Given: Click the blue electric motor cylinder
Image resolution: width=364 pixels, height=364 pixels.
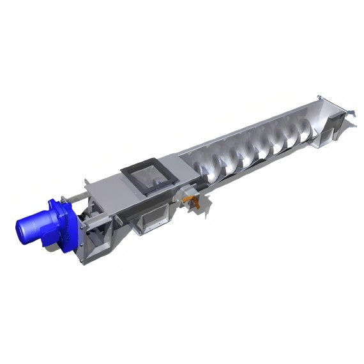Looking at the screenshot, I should tap(35, 224).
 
